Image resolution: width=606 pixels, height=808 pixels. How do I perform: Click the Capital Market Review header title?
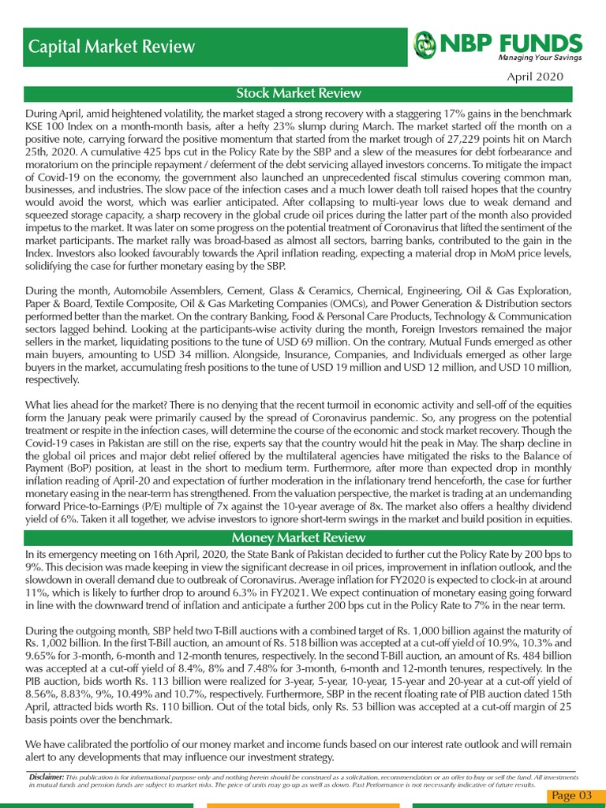click(111, 47)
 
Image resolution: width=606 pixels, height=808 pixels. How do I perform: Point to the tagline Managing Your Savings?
click(539, 59)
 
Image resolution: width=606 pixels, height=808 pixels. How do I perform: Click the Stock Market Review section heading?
click(299, 94)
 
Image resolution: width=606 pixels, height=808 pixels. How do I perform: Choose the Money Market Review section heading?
click(299, 537)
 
